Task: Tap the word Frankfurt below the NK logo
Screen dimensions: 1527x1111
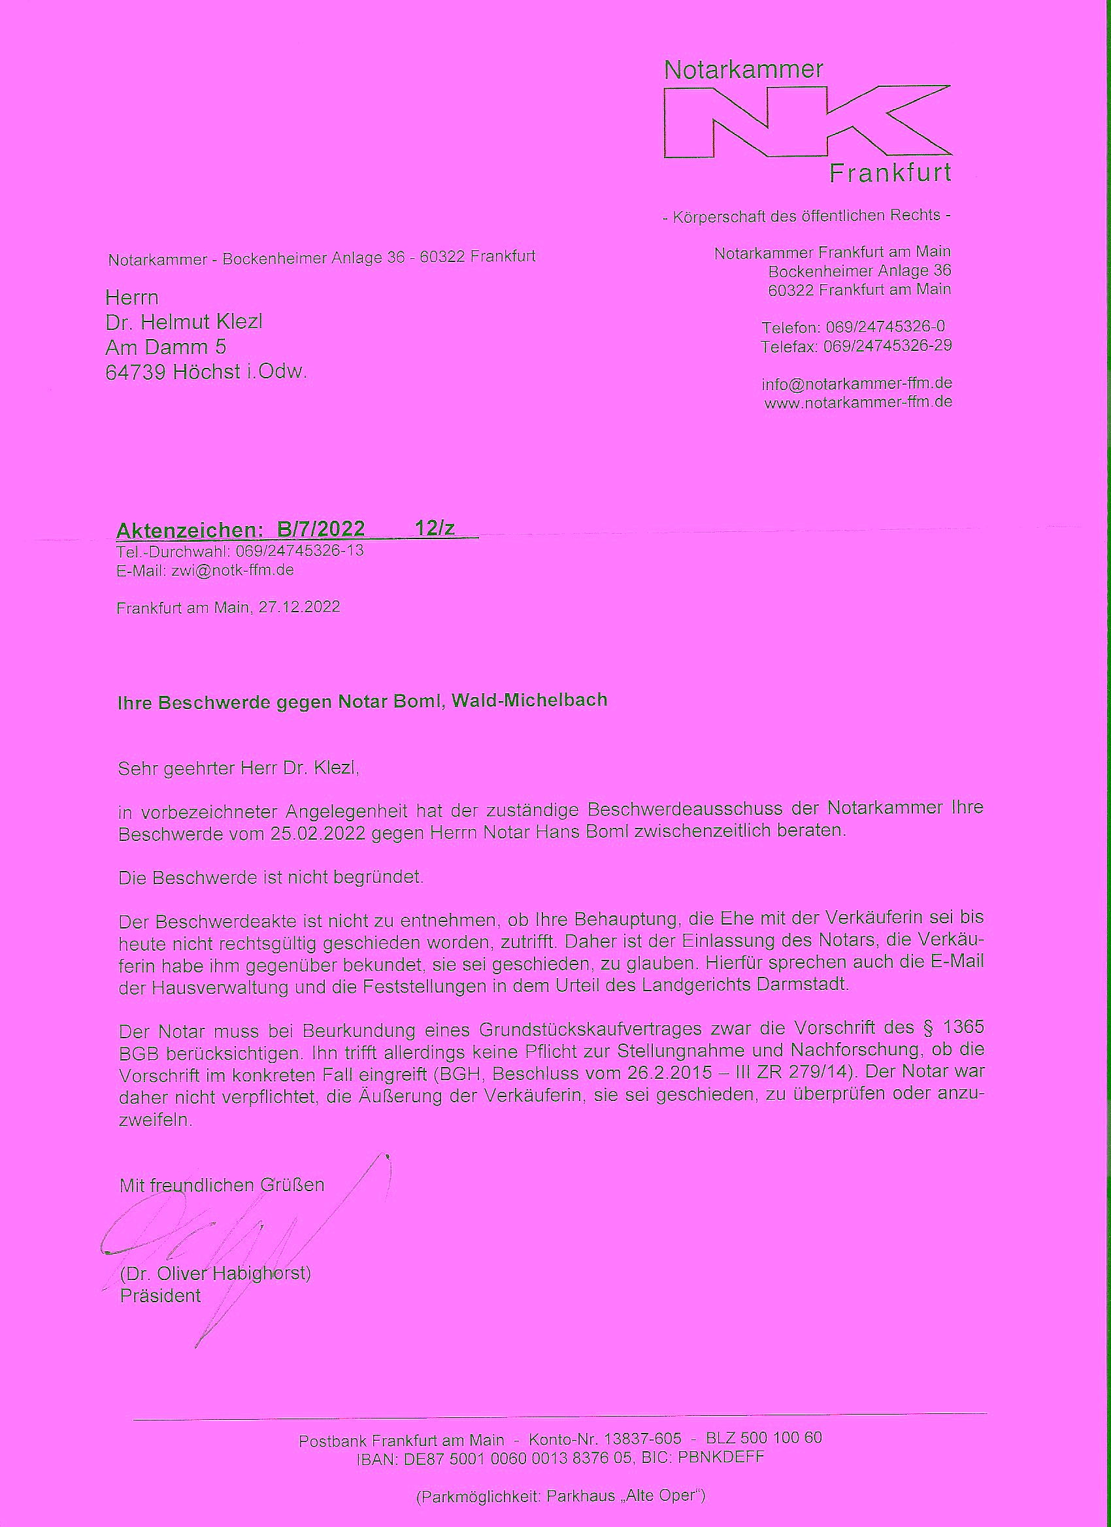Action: pos(889,174)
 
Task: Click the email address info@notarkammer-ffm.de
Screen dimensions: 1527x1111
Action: pos(857,384)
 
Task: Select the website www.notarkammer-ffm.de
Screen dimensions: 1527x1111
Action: pos(858,403)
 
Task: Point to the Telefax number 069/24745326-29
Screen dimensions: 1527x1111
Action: pos(887,346)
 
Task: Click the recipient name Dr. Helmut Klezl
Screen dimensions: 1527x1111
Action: pos(184,323)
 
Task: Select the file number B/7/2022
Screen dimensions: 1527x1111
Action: pos(321,529)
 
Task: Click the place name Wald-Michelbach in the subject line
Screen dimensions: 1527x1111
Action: pos(530,700)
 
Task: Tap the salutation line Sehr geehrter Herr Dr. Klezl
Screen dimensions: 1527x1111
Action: pos(239,768)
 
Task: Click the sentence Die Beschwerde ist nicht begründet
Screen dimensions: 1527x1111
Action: pos(271,878)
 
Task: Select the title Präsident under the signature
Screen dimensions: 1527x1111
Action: pos(160,1296)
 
